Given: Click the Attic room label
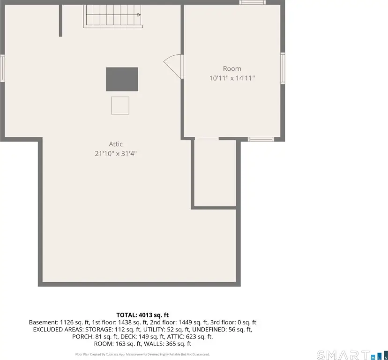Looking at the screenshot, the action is [116, 144].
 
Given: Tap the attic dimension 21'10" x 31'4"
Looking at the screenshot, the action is [116, 154].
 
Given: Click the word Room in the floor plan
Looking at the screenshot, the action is [232, 68].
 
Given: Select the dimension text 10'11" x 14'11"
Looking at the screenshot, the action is [232, 78].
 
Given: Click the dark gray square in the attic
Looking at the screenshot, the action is [122, 79].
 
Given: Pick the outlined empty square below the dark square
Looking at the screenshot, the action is [120, 105].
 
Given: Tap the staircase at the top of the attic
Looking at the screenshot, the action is [113, 16].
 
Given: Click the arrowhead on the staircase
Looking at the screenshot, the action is [139, 15].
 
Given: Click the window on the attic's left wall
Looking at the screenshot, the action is [2, 68].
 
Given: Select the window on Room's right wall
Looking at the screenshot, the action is [283, 68].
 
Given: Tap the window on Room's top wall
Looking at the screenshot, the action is [253, 2].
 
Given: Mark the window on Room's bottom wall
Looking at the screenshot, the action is [261, 139].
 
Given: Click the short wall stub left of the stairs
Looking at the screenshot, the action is [60, 21].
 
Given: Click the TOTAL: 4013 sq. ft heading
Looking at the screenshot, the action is [142, 315].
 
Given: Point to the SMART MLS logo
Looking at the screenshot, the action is [352, 355].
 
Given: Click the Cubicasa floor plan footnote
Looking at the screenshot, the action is [142, 354].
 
